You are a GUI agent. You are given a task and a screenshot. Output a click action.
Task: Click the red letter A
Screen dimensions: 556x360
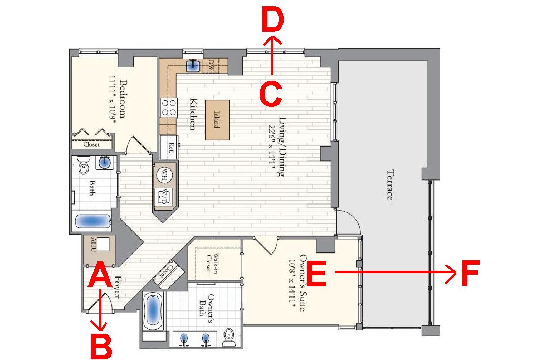pos(100,274)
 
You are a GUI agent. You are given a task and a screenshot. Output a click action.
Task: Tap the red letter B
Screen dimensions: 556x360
pos(101,346)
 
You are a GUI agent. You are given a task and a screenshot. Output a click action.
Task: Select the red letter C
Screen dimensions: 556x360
pos(271,94)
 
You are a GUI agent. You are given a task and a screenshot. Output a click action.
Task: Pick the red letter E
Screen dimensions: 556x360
pos(316,274)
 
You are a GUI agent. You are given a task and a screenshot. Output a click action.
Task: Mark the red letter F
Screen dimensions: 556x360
pos(471,273)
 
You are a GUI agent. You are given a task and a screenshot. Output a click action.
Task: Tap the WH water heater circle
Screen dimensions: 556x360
pos(164,175)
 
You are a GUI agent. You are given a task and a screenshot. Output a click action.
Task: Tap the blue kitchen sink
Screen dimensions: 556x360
pos(193,65)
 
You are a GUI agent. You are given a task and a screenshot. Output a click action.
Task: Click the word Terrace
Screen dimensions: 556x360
pos(389,186)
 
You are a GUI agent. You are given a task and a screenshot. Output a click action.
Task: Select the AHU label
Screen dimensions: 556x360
pos(94,245)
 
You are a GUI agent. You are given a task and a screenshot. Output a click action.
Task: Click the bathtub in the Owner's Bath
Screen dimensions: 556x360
pos(153,312)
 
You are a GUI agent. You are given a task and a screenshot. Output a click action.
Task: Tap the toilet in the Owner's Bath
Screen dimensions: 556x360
pos(229,337)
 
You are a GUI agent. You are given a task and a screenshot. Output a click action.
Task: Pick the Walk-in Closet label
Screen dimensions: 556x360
pos(212,263)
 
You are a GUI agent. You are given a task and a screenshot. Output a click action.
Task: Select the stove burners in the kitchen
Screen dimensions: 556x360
pos(169,108)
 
